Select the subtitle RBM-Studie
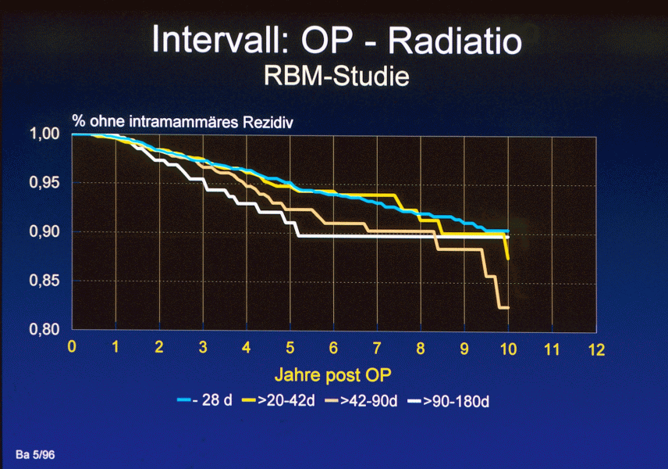(336, 77)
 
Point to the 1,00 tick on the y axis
(44, 134)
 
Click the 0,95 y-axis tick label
(44, 183)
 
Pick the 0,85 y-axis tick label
(44, 281)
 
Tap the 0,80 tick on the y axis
(44, 330)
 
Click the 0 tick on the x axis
(73, 348)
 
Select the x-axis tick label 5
(290, 348)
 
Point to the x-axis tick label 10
(508, 348)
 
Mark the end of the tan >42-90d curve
(507, 308)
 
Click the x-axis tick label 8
(421, 348)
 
